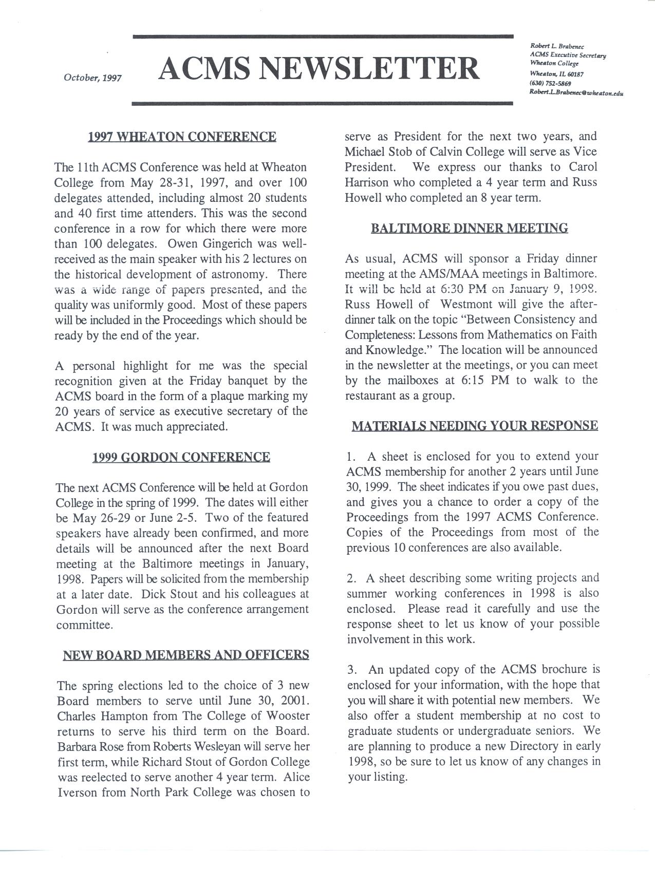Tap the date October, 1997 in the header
92,78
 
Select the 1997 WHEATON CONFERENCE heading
182,137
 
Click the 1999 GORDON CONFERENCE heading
181,457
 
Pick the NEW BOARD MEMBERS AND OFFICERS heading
185,655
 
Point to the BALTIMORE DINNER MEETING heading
469,228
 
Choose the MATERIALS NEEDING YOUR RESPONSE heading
474,426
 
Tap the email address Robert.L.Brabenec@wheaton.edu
576,92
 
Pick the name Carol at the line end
583,167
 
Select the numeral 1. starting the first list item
351,457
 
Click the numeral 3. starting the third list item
352,670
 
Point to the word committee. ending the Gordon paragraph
84,625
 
